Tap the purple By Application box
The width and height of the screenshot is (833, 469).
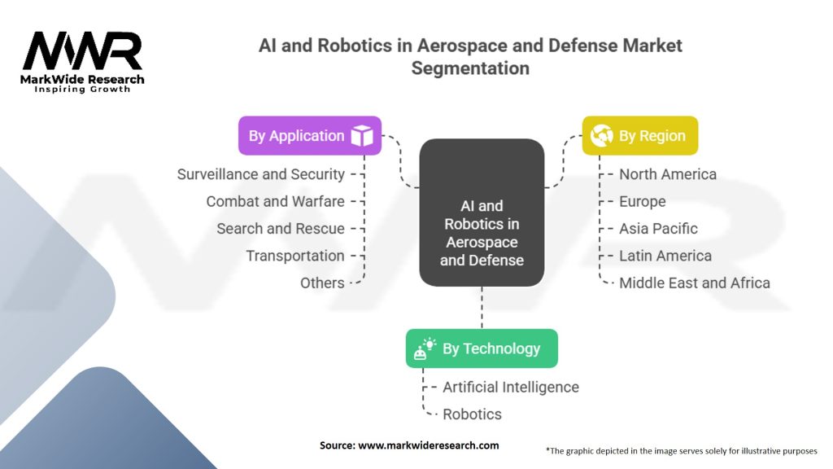(309, 136)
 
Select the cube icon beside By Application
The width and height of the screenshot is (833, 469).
(361, 136)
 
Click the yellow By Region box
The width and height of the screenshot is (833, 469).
(639, 136)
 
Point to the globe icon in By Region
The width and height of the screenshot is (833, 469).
(602, 136)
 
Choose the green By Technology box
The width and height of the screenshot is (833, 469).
(482, 348)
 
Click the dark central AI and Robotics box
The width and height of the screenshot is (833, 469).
(482, 213)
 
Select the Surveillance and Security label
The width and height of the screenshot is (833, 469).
(260, 174)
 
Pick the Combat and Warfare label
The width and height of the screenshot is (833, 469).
(275, 201)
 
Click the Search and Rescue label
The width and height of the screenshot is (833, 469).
(281, 229)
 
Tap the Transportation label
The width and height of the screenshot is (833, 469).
(295, 256)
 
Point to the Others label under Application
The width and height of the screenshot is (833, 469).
(322, 283)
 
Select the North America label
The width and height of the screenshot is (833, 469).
(667, 174)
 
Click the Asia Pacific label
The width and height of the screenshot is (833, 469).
(658, 229)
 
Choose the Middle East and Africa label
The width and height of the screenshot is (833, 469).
(694, 283)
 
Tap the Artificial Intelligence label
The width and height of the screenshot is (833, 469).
(510, 387)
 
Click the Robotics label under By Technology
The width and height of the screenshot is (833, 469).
(472, 414)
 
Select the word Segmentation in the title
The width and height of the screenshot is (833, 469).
(470, 68)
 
